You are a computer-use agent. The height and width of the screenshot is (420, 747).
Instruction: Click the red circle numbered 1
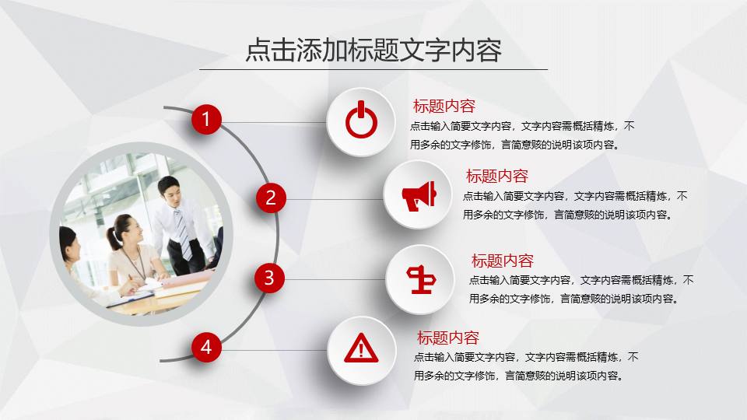(206, 119)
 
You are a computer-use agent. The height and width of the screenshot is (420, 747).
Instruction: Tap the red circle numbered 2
(271, 198)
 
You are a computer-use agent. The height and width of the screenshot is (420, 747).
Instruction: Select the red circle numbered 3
(269, 278)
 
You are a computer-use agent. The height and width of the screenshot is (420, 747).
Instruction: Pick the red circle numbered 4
(206, 347)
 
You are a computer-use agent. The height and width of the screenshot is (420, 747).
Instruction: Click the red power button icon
(361, 120)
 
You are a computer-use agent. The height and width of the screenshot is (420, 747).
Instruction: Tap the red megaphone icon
(419, 196)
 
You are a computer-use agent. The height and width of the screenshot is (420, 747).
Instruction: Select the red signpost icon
(421, 279)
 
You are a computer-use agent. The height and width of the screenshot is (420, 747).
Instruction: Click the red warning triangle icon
(361, 348)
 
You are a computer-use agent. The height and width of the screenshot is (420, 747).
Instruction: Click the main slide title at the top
(373, 50)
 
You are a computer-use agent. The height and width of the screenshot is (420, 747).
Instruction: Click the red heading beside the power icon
(444, 106)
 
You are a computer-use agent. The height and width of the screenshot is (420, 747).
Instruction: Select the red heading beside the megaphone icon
(497, 176)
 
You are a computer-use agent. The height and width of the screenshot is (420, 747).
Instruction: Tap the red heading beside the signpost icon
(502, 261)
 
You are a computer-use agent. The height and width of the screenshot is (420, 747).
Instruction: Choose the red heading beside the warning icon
(448, 338)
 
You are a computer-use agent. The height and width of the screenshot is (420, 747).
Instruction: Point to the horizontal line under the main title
(373, 69)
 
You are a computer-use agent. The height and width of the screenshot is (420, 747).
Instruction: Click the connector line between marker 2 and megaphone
(335, 199)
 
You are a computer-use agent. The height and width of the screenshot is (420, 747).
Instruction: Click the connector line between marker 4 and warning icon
(274, 351)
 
